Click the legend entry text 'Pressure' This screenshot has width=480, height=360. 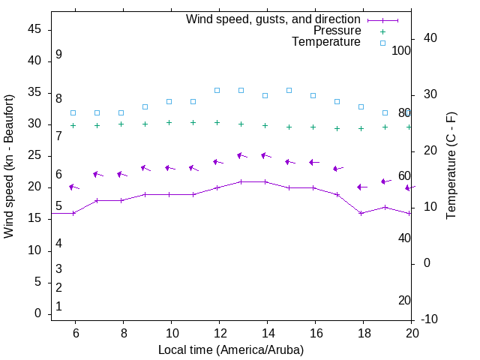pyautogui.click(x=337, y=31)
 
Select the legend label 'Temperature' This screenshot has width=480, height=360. pyautogui.click(x=326, y=42)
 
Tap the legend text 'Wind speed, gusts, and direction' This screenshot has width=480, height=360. pyautogui.click(x=274, y=19)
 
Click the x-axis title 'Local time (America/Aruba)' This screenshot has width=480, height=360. pyautogui.click(x=231, y=349)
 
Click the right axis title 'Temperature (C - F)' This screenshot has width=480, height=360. pyautogui.click(x=451, y=166)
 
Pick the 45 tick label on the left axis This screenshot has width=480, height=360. pyautogui.click(x=34, y=29)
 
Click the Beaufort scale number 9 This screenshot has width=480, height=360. pyautogui.click(x=58, y=55)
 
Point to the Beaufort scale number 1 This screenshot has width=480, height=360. pyautogui.click(x=58, y=307)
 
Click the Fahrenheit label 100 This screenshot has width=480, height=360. pyautogui.click(x=401, y=50)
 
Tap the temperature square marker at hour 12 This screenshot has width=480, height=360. pyautogui.click(x=217, y=90)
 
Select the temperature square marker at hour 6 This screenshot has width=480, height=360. pyautogui.click(x=73, y=112)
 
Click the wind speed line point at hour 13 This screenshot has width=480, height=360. pyautogui.click(x=241, y=181)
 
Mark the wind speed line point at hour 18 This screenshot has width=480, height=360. pyautogui.click(x=361, y=213)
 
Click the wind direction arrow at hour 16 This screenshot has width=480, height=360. pyautogui.click(x=314, y=162)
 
